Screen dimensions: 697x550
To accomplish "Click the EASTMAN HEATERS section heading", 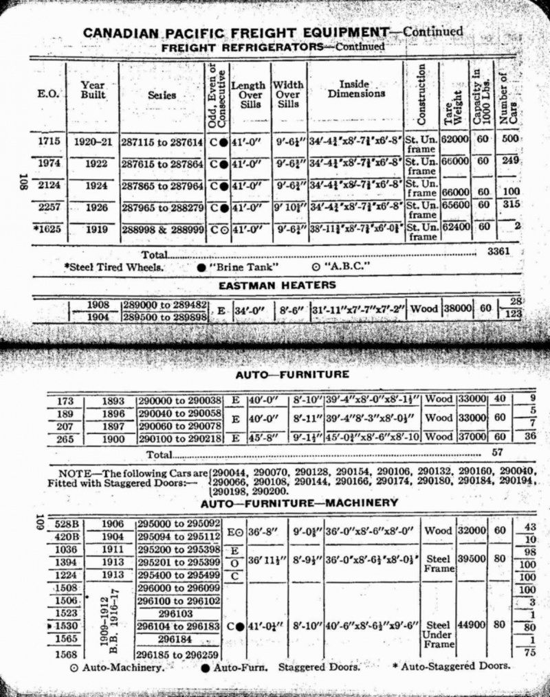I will click(x=277, y=284).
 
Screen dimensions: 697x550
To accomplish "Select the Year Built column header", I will click(x=93, y=90).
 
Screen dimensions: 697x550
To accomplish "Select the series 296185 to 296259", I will click(x=177, y=654).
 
